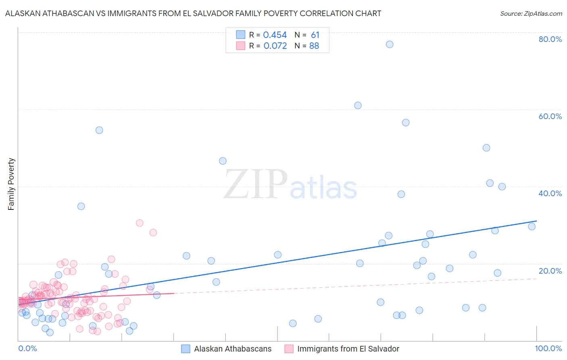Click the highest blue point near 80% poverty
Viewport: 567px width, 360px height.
[390, 44]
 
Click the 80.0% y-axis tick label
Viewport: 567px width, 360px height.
[550, 39]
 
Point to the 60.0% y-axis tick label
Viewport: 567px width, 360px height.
[550, 116]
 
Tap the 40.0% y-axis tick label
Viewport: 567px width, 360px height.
[550, 193]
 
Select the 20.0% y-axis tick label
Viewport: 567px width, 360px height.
[550, 271]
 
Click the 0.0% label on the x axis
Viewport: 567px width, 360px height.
[27, 348]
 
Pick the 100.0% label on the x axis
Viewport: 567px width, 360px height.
[548, 348]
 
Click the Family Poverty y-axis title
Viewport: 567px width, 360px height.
[11, 184]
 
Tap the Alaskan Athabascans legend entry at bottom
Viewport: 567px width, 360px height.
[232, 349]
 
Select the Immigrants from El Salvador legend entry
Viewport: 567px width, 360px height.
[348, 349]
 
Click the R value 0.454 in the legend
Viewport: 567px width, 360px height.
[275, 35]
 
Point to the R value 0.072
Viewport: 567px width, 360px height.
[275, 46]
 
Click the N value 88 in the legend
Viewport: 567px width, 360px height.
[314, 46]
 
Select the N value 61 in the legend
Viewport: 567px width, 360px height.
[315, 35]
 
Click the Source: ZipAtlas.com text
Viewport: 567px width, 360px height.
[531, 13]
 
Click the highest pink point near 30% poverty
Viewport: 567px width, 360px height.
[140, 223]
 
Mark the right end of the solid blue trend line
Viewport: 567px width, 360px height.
[536, 221]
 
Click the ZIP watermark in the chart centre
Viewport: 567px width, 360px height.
[256, 184]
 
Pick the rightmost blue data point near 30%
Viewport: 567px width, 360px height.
[532, 226]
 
